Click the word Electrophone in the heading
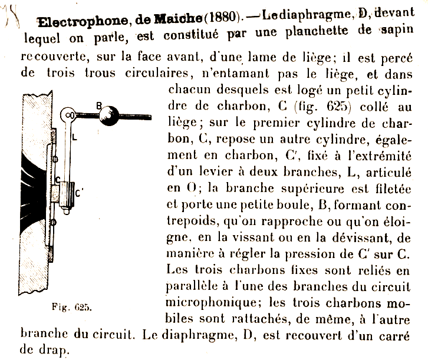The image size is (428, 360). pyautogui.click(x=75, y=22)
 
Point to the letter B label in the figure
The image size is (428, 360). pyautogui.click(x=99, y=106)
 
